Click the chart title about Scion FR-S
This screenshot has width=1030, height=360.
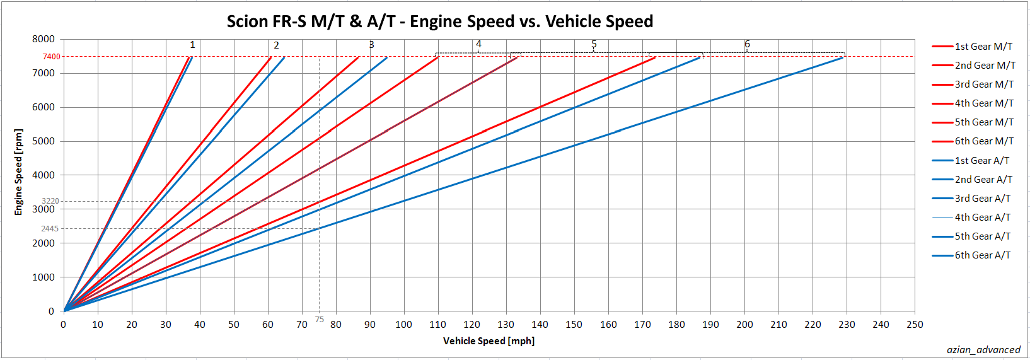click(439, 21)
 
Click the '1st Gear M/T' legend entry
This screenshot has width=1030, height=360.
click(983, 47)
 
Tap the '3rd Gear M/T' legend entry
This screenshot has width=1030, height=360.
click(984, 84)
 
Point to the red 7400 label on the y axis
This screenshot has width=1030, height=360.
click(52, 57)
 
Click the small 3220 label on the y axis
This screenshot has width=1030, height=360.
click(50, 201)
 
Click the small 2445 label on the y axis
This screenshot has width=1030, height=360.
click(50, 229)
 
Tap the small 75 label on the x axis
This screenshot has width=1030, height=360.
click(320, 320)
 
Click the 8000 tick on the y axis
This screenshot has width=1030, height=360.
click(43, 39)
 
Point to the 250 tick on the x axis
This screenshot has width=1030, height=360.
click(915, 325)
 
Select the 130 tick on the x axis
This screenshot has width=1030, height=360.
click(506, 325)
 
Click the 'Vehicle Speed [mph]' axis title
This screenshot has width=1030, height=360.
click(489, 341)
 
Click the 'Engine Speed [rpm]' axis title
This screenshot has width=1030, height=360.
click(18, 172)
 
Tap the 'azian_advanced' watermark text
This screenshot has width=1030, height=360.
click(983, 350)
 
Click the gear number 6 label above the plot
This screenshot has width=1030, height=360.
click(747, 44)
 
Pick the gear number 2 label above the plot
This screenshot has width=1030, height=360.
click(276, 45)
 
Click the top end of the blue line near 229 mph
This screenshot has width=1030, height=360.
click(843, 57)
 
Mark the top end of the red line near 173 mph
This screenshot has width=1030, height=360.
click(654, 58)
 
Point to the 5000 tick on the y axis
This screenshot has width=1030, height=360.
click(43, 141)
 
